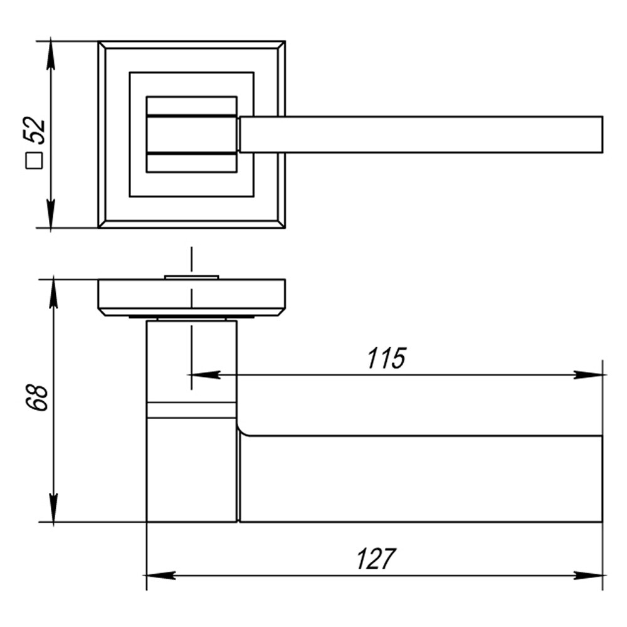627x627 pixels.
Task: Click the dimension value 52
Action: pyautogui.click(x=34, y=130)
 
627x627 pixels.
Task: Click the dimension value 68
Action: pyautogui.click(x=37, y=398)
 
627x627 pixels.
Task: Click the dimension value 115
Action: pyautogui.click(x=386, y=358)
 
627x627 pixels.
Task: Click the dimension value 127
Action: pyautogui.click(x=376, y=559)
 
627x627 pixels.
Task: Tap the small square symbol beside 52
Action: pyautogui.click(x=34, y=161)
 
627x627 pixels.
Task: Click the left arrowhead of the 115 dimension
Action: pyautogui.click(x=204, y=375)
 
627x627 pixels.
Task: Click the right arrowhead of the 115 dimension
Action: pyautogui.click(x=588, y=375)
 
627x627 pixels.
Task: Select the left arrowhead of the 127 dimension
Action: pyautogui.click(x=161, y=576)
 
